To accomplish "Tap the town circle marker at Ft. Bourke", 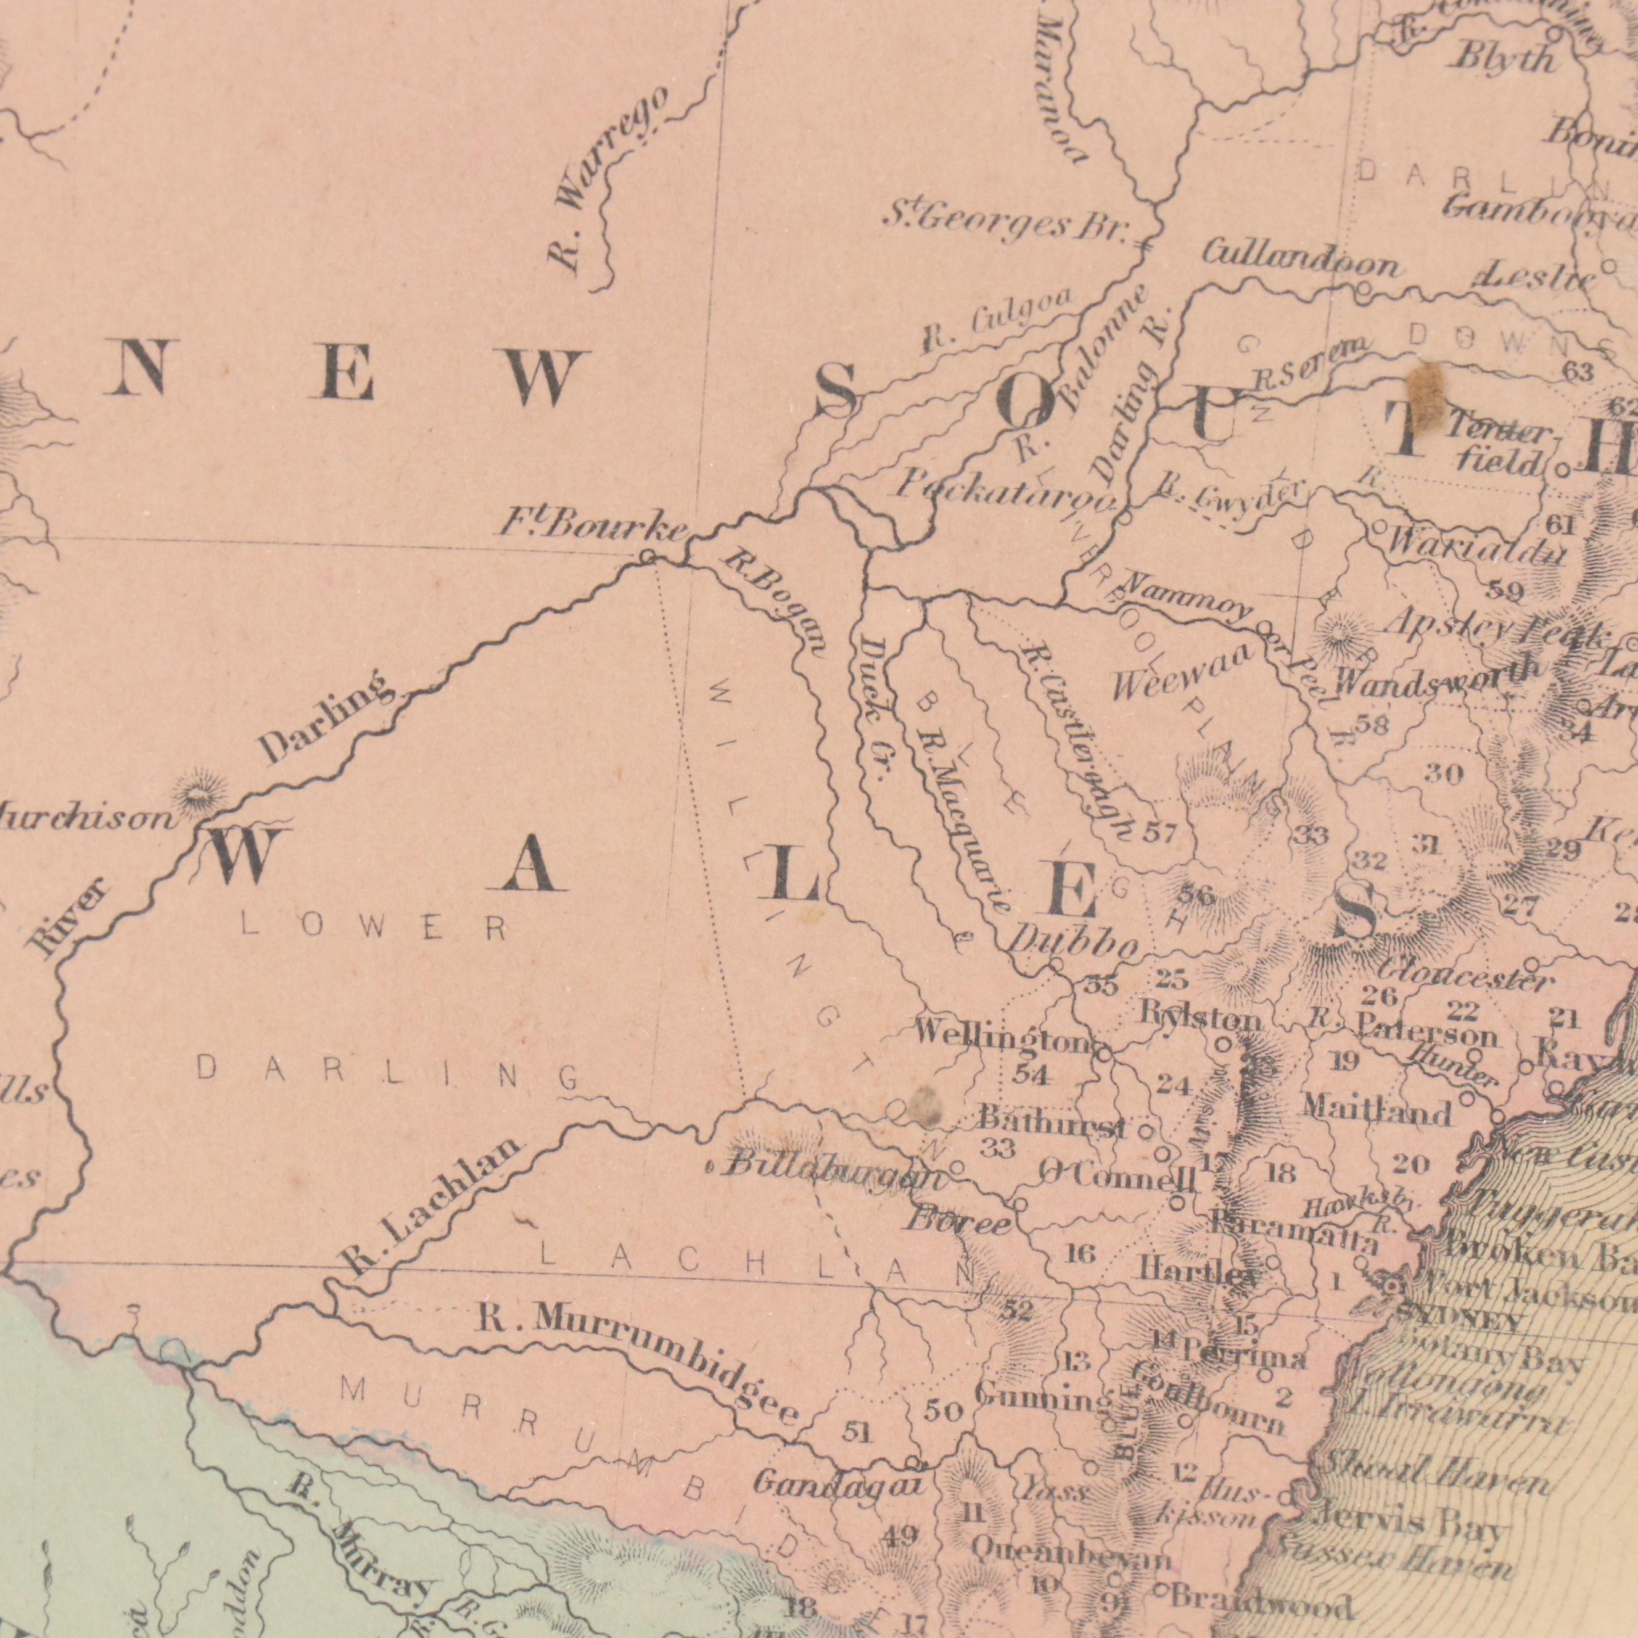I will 647,556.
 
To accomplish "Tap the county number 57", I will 1159,833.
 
